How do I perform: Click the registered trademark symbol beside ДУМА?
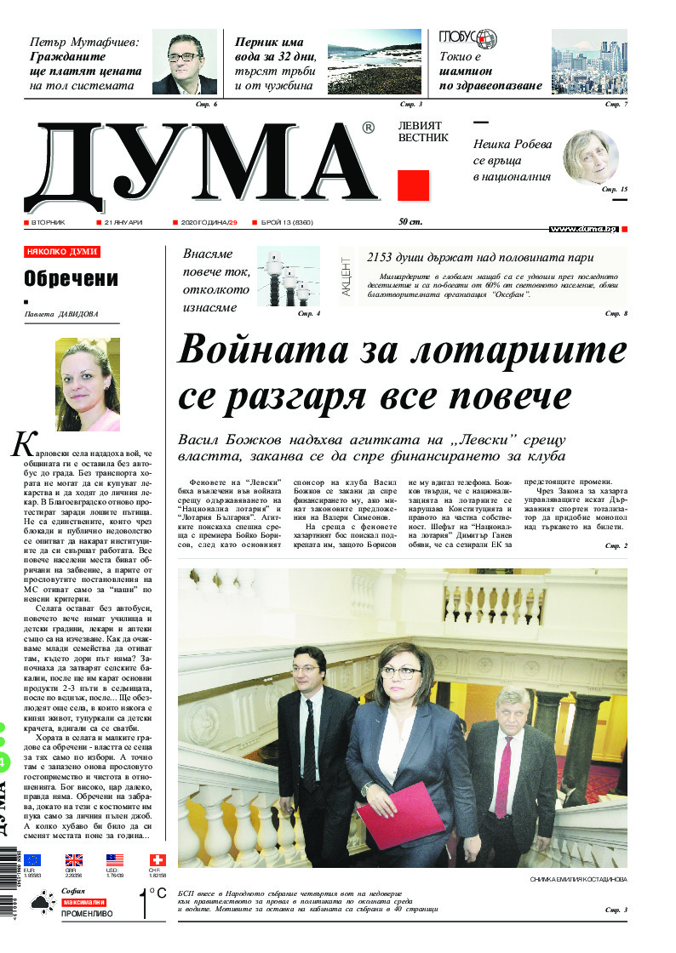(368, 128)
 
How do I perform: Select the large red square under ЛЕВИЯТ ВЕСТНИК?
(413, 185)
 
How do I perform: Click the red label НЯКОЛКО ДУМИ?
(62, 252)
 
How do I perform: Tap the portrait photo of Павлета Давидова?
(87, 384)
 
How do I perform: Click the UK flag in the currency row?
(74, 860)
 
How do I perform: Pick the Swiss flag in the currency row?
(158, 860)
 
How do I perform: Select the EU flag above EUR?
(32, 860)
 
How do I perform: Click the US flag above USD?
(115, 860)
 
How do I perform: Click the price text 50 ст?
(410, 222)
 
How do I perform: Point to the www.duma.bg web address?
(582, 230)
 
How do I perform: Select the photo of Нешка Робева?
(590, 157)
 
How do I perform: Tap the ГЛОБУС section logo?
(467, 39)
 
